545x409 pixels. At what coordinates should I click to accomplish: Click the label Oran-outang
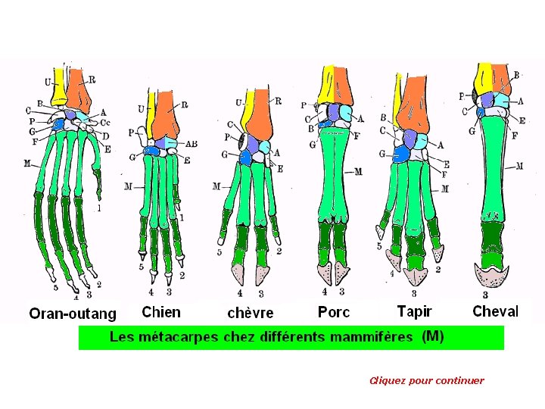73,313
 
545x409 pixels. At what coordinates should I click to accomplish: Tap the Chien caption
161,311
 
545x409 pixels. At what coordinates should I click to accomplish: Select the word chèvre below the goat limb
251,312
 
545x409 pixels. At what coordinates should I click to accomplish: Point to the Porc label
334,311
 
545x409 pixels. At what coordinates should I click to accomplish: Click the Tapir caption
414,311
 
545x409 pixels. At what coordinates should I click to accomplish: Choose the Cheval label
496,311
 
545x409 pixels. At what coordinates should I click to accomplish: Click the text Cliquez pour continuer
426,380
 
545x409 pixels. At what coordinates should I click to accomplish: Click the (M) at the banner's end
432,336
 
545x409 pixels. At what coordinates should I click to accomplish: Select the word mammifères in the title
372,337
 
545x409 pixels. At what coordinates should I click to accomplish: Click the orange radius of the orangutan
79,91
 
